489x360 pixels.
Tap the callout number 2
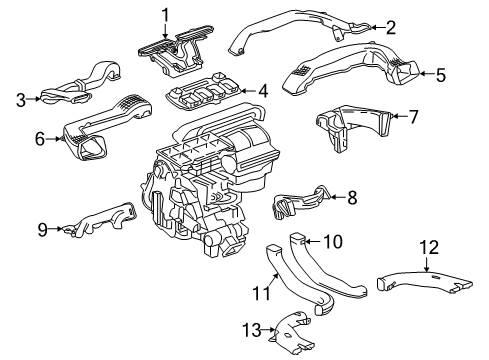(391, 27)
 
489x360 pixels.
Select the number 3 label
(21, 99)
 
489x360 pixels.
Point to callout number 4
(263, 91)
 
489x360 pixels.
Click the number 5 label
(441, 75)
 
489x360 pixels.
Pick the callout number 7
(413, 117)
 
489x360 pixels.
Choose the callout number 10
(333, 241)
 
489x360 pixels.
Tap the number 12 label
(429, 248)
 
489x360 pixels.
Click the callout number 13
(252, 330)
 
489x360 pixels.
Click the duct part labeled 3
(83, 83)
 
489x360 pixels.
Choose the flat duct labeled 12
(425, 283)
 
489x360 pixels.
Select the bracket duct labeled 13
(292, 333)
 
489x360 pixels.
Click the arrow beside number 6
(54, 139)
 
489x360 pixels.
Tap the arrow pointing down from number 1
(165, 32)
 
